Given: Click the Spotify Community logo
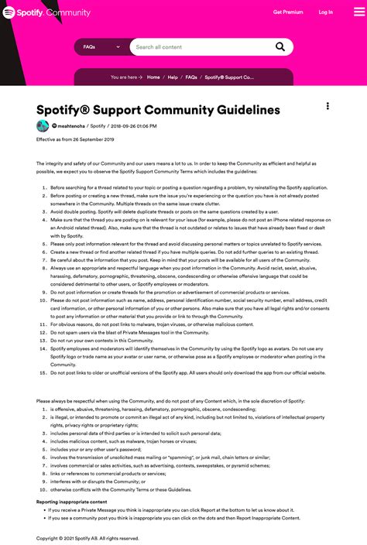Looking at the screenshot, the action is point(46,12).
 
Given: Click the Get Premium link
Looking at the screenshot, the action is point(288,12).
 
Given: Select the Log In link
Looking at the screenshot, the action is point(326,12).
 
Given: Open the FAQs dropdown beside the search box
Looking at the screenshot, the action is point(101,47).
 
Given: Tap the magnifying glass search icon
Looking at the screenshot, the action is point(280,47).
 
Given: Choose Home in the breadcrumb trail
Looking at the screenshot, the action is point(153,77).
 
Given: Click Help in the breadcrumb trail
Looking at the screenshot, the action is point(173,77).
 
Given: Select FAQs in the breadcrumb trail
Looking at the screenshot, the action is point(191,77).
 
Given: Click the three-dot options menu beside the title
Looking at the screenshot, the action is point(328,106).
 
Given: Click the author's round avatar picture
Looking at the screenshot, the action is point(43,125).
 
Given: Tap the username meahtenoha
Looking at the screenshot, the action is point(70,125).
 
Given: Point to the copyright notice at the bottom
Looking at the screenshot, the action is point(87,537).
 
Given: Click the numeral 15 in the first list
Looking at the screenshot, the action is point(43,372).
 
